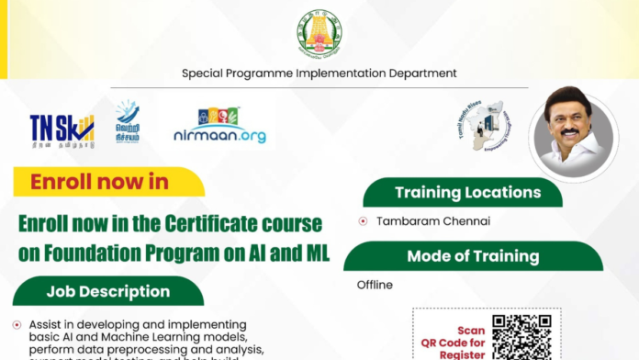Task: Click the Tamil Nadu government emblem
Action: click(319, 33)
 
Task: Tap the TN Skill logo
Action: click(62, 128)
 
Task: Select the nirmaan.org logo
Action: click(219, 126)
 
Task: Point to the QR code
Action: click(521, 337)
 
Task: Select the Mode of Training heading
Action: click(473, 256)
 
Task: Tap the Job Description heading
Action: click(108, 291)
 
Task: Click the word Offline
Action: click(375, 285)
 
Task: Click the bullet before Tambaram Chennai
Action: click(363, 221)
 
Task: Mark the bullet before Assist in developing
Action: click(17, 325)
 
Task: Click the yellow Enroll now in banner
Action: click(101, 181)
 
